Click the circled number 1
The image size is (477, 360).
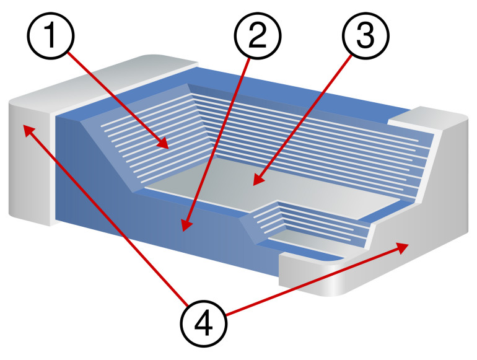[x=51, y=35]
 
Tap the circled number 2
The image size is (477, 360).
[x=258, y=35]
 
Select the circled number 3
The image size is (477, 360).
[x=365, y=35]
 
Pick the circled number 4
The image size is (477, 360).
[x=204, y=323]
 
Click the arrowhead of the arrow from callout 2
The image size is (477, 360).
[x=186, y=226]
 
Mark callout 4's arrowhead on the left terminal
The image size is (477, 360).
[x=28, y=130]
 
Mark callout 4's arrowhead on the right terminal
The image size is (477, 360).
[x=403, y=247]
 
